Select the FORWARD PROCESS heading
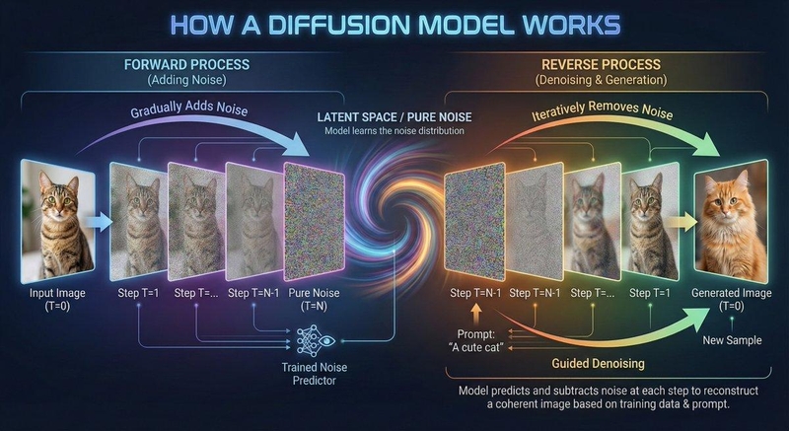[x=186, y=64]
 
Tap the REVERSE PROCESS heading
[x=601, y=64]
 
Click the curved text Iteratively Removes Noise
[x=603, y=109]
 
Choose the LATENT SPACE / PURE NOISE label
[x=394, y=117]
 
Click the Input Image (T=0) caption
[x=57, y=299]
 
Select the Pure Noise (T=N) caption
[x=314, y=299]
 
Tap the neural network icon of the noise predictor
[x=315, y=340]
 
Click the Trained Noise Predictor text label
[x=314, y=374]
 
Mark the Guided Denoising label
[x=598, y=364]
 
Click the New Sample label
[x=732, y=340]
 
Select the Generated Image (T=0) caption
[x=731, y=299]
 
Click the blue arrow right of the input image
[x=99, y=222]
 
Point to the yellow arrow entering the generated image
[x=683, y=222]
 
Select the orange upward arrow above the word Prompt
[x=476, y=316]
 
